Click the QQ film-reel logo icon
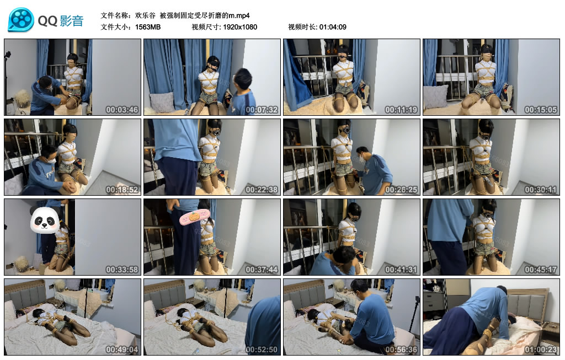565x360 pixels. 20,20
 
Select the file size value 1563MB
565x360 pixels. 148,26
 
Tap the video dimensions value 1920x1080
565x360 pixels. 240,26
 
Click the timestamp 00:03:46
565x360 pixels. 122,110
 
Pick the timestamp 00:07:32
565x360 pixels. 262,110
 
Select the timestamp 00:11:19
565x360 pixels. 401,110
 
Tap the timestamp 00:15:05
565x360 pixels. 541,110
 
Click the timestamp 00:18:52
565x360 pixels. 122,190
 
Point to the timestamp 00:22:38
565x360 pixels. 262,190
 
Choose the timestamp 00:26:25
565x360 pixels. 401,190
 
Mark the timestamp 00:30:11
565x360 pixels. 541,190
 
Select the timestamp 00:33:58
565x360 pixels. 122,270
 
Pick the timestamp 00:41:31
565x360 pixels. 401,270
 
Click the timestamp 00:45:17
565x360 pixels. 541,270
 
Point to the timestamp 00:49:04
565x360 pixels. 122,350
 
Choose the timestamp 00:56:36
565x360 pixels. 401,350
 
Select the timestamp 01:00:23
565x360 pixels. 541,350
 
